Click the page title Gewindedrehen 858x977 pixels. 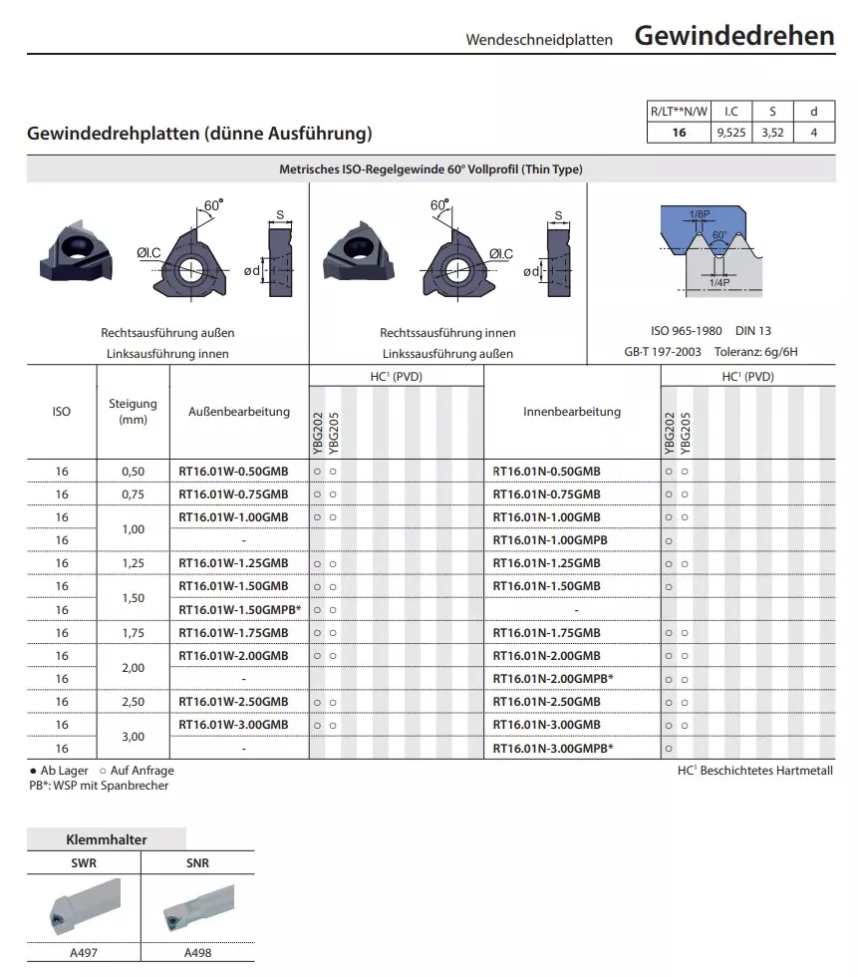(733, 36)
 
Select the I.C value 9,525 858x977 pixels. (730, 132)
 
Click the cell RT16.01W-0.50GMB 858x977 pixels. (233, 471)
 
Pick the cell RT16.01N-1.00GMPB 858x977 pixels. (550, 540)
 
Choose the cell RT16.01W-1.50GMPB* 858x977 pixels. (238, 610)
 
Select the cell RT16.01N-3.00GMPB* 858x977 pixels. (553, 749)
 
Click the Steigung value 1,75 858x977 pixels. (133, 633)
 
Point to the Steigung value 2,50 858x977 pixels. (133, 702)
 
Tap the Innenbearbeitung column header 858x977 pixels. (571, 411)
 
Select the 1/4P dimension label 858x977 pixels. (717, 283)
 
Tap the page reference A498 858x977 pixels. (197, 952)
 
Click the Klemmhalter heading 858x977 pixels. (106, 839)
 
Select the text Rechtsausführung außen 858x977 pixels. (167, 332)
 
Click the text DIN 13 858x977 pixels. (753, 331)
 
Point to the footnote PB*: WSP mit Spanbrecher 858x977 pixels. (99, 786)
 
